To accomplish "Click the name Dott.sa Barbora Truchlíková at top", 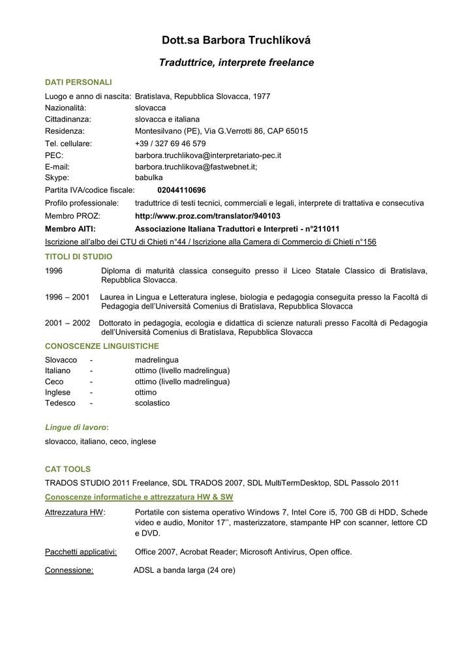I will [x=236, y=41].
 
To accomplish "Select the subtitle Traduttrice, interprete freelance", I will [x=236, y=63].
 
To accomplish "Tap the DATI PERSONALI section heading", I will [x=78, y=82].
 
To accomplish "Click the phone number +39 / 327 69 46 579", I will [x=170, y=144].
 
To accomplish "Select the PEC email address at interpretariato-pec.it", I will [x=208, y=155].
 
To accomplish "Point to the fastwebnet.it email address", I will [x=196, y=166].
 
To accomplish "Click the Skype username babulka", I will [x=149, y=177].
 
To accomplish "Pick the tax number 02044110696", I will [x=181, y=190].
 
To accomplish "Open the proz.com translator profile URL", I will [x=207, y=216].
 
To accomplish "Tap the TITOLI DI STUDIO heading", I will [x=78, y=257].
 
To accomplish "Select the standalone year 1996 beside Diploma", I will [x=54, y=271].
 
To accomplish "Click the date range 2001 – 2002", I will [x=68, y=323].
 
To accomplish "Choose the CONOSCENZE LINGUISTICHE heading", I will [x=102, y=346].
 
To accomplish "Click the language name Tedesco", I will [x=60, y=403].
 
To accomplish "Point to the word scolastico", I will [x=152, y=403].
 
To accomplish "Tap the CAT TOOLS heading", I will [x=68, y=469].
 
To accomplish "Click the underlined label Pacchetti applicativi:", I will [x=81, y=552].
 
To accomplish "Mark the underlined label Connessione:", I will [x=69, y=570].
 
